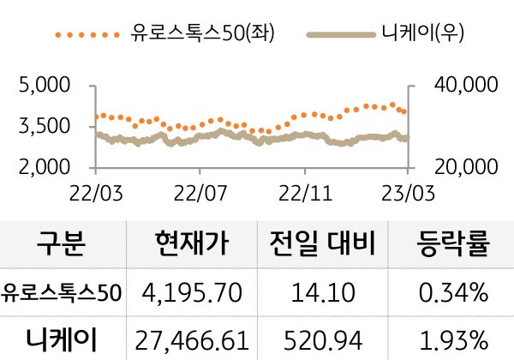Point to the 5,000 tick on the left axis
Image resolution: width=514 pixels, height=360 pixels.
(44, 86)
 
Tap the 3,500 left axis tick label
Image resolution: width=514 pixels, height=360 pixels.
(44, 126)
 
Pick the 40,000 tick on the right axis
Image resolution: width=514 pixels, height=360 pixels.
(461, 86)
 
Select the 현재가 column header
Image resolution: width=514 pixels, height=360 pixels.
(193, 247)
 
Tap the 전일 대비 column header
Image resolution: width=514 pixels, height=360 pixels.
(323, 247)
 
